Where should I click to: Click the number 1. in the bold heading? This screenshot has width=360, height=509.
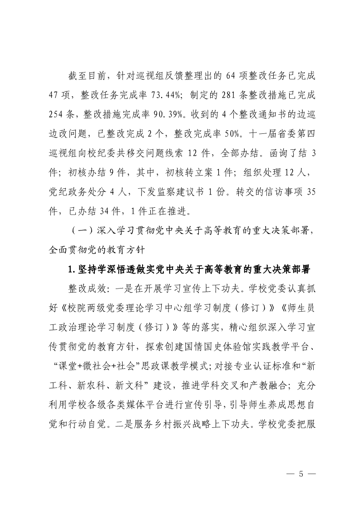click(71, 269)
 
